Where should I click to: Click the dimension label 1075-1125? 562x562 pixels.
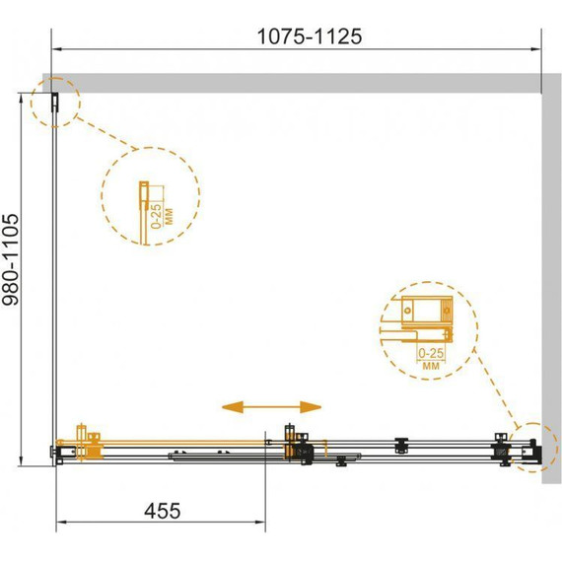pyautogui.click(x=310, y=36)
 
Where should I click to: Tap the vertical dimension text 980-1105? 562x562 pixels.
pyautogui.click(x=11, y=259)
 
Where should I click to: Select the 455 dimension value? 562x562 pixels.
pyautogui.click(x=163, y=511)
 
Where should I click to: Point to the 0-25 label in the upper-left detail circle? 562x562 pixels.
pyautogui.click(x=156, y=216)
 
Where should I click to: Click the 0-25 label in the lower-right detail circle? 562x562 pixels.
pyautogui.click(x=431, y=353)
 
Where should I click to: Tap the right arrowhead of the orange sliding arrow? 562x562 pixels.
pyautogui.click(x=311, y=407)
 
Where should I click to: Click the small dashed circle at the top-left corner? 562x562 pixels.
pyautogui.click(x=55, y=103)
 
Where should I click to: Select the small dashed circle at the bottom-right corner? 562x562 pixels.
pyautogui.click(x=533, y=448)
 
